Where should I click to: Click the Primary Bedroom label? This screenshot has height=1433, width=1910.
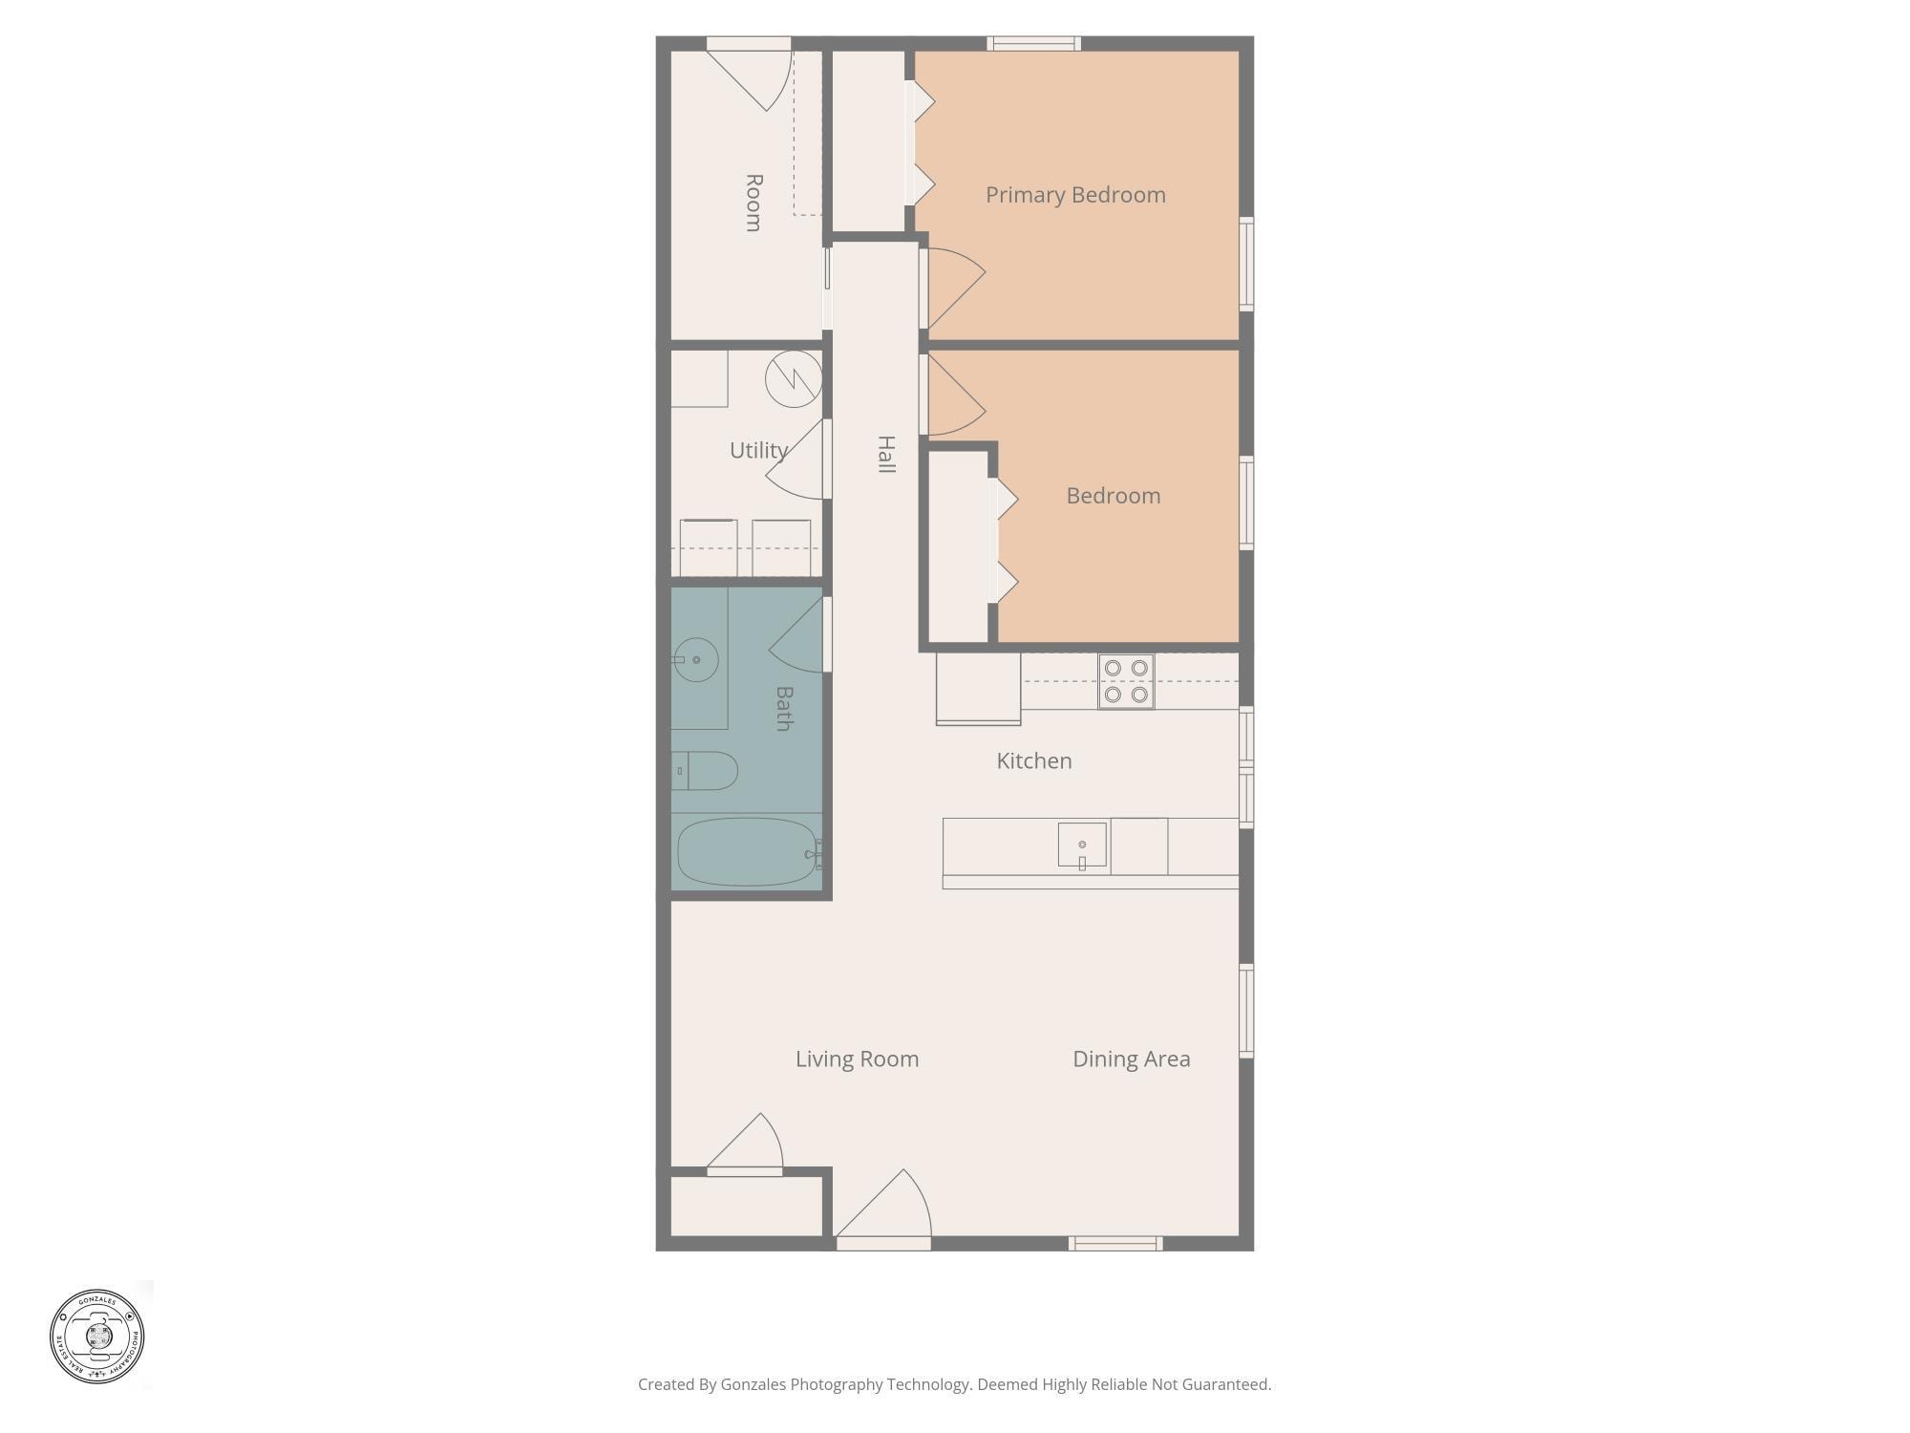[x=1075, y=195]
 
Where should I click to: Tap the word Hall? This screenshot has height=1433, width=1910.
[x=886, y=454]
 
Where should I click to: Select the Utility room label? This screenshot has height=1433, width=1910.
[x=758, y=450]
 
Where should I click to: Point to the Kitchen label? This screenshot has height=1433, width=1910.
[x=1033, y=760]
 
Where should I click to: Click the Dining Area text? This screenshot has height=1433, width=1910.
[x=1131, y=1059]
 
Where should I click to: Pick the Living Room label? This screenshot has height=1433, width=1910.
[x=857, y=1059]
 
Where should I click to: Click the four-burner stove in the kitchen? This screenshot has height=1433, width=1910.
[x=1126, y=681]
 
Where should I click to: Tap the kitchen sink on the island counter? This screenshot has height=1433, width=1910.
[x=1082, y=845]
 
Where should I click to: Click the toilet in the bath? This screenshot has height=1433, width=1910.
[x=705, y=771]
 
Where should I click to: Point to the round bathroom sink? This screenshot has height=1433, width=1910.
[x=695, y=660]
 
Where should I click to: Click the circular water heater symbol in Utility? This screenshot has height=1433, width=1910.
[x=794, y=379]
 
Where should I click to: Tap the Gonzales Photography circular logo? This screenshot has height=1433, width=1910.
[x=97, y=1336]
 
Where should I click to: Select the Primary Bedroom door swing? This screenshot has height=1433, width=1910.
[x=953, y=285]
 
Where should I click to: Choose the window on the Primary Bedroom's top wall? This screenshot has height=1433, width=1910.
[x=1033, y=43]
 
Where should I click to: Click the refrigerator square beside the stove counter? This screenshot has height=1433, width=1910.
[x=978, y=688]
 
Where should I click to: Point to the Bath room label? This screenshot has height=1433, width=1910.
[x=784, y=708]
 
